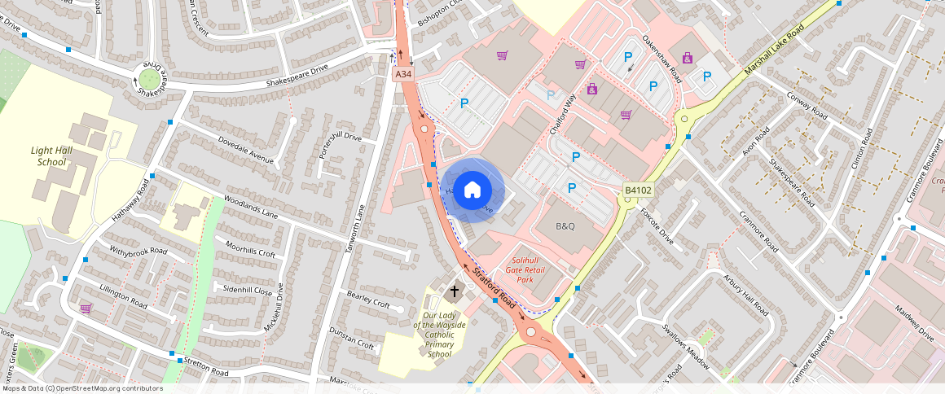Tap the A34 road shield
point(403,74)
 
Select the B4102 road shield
point(638,190)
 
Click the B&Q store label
point(565,225)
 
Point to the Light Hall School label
point(51,156)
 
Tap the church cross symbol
point(455,291)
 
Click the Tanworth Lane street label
point(356,229)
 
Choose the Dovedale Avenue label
point(245,148)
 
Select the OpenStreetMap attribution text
point(81,388)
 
